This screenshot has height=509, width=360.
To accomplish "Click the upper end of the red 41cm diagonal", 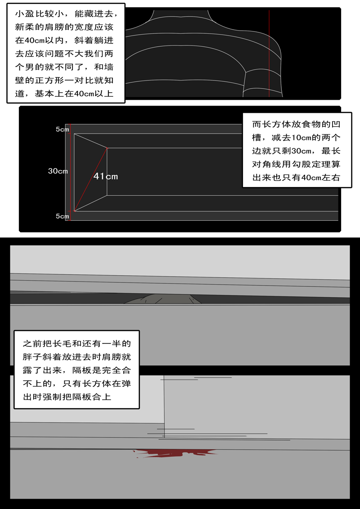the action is [107, 148].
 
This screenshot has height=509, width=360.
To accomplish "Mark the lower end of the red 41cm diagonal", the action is [74, 211].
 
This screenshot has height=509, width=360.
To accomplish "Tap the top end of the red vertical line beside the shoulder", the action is [269, 10].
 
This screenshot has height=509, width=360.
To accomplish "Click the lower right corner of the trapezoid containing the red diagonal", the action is [107, 196].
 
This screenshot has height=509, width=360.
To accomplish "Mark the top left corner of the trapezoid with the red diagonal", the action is [74, 134].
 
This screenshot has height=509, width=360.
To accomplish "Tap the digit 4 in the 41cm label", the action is [96, 176].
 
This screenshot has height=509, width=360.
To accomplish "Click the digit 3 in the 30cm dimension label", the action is [51, 171].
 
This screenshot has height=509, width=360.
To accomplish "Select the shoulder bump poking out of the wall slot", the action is [162, 299].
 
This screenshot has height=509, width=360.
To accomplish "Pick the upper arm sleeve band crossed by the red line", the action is [262, 84].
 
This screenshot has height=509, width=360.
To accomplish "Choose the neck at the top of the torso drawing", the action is [180, 16].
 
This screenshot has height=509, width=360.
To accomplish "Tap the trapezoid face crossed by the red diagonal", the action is [90, 172].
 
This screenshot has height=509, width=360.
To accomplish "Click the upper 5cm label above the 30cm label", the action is [63, 129].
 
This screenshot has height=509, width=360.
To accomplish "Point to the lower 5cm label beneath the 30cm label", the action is [63, 216].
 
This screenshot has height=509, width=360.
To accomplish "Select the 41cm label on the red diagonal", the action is [106, 176].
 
